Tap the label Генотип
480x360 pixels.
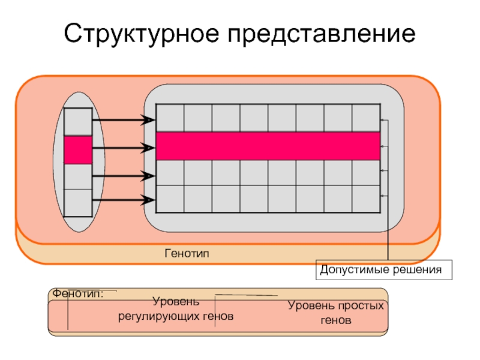(x=187, y=254)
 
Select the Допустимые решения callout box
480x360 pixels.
(x=385, y=270)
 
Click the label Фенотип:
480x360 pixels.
(x=78, y=294)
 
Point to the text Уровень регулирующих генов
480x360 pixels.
(x=175, y=308)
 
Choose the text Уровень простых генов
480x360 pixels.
(x=335, y=313)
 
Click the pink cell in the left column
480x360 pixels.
(x=78, y=150)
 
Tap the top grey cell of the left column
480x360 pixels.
(x=78, y=122)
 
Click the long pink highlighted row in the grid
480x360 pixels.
(x=268, y=146)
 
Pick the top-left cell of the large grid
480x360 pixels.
(x=170, y=118)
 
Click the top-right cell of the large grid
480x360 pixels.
(x=366, y=118)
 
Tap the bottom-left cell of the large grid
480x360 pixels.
(x=170, y=199)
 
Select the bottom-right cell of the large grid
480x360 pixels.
(x=366, y=199)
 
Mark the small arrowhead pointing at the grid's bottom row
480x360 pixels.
(x=383, y=196)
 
